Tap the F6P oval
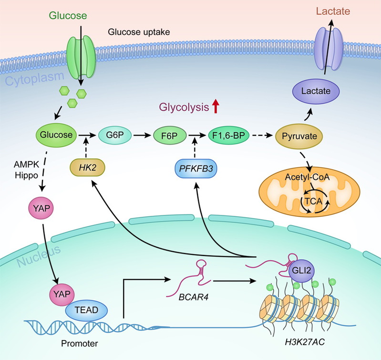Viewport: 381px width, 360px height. click(169, 136)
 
